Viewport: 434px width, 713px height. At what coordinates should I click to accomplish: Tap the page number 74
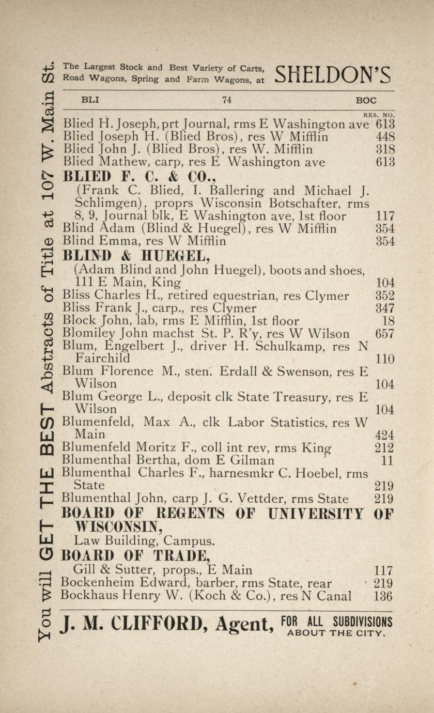pos(226,100)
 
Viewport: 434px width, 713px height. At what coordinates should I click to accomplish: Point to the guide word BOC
pos(366,101)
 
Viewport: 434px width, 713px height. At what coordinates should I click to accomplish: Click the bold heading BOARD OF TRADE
pos(136,556)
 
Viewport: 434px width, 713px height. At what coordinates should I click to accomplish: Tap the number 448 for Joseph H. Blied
pos(385,137)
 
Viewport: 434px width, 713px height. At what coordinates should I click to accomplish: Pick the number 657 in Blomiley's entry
pos(385,334)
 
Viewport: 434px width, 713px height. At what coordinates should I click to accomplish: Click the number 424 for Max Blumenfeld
pos(385,435)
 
